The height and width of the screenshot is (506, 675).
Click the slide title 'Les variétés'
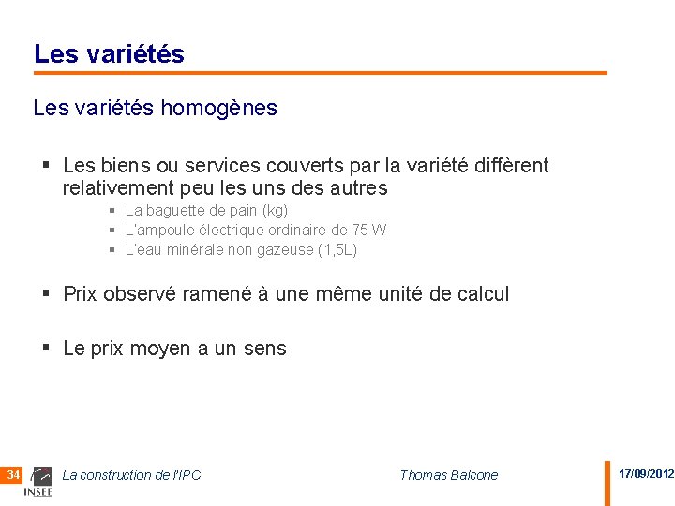point(109,54)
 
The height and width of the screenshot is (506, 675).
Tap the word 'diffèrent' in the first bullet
point(509,166)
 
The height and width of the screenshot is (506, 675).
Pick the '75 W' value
point(369,231)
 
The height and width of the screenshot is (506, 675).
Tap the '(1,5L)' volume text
point(337,250)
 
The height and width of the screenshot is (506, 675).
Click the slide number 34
point(13,475)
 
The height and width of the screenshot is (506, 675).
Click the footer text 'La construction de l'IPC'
point(131,475)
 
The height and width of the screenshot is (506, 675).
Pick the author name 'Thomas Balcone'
point(448,475)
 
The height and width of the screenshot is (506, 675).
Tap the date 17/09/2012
point(645,474)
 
